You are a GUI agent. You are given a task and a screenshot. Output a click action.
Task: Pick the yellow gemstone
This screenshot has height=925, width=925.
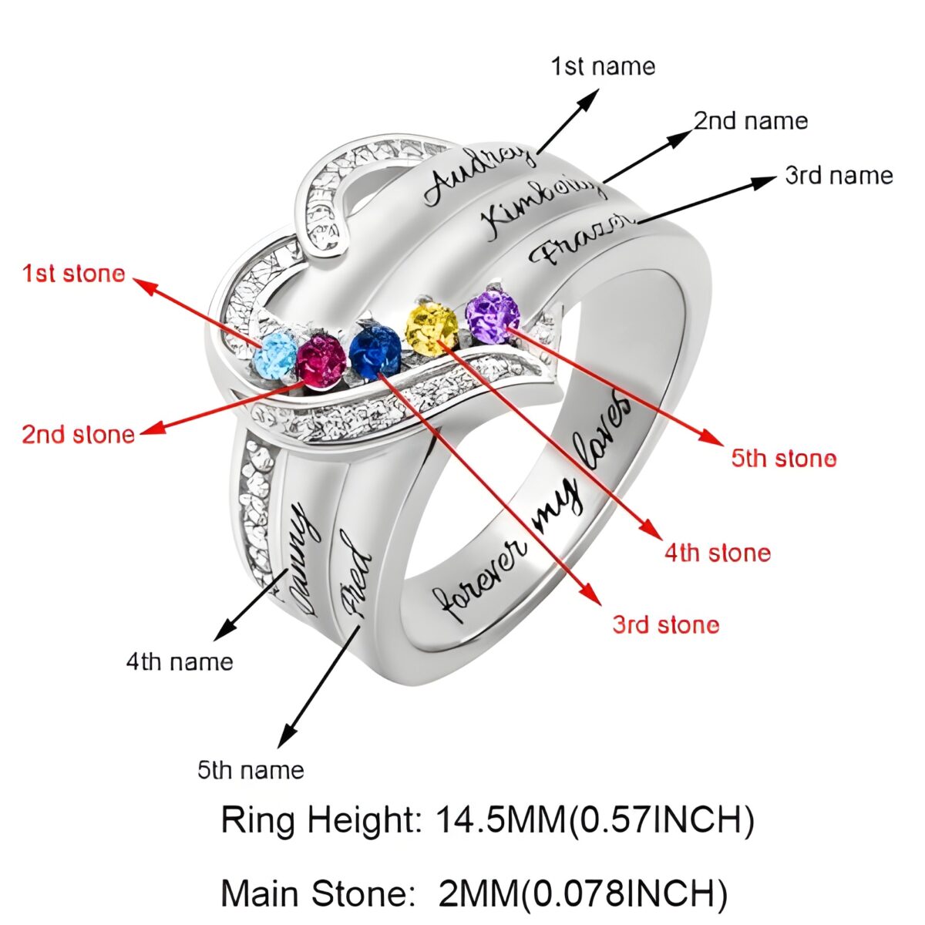point(432,330)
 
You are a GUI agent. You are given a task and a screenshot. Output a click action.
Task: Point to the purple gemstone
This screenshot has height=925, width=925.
point(493,313)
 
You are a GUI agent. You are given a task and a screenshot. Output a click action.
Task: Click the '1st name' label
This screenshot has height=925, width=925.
point(603,66)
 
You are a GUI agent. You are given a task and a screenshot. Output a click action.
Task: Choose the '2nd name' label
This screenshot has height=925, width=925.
point(751,121)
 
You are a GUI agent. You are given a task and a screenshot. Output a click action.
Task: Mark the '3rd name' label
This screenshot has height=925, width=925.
point(839,176)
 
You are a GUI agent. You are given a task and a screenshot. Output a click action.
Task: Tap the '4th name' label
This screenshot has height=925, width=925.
point(180,661)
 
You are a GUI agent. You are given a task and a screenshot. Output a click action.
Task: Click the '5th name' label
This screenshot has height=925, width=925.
point(251,769)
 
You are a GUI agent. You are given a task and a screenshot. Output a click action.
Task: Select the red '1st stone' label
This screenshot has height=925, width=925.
point(73,274)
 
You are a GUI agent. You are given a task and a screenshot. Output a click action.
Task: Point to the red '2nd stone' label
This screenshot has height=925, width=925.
point(78,434)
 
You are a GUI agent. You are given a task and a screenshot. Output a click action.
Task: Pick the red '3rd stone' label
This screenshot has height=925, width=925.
point(666,624)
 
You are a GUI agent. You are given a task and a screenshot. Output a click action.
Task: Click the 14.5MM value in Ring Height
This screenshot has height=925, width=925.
point(501,820)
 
